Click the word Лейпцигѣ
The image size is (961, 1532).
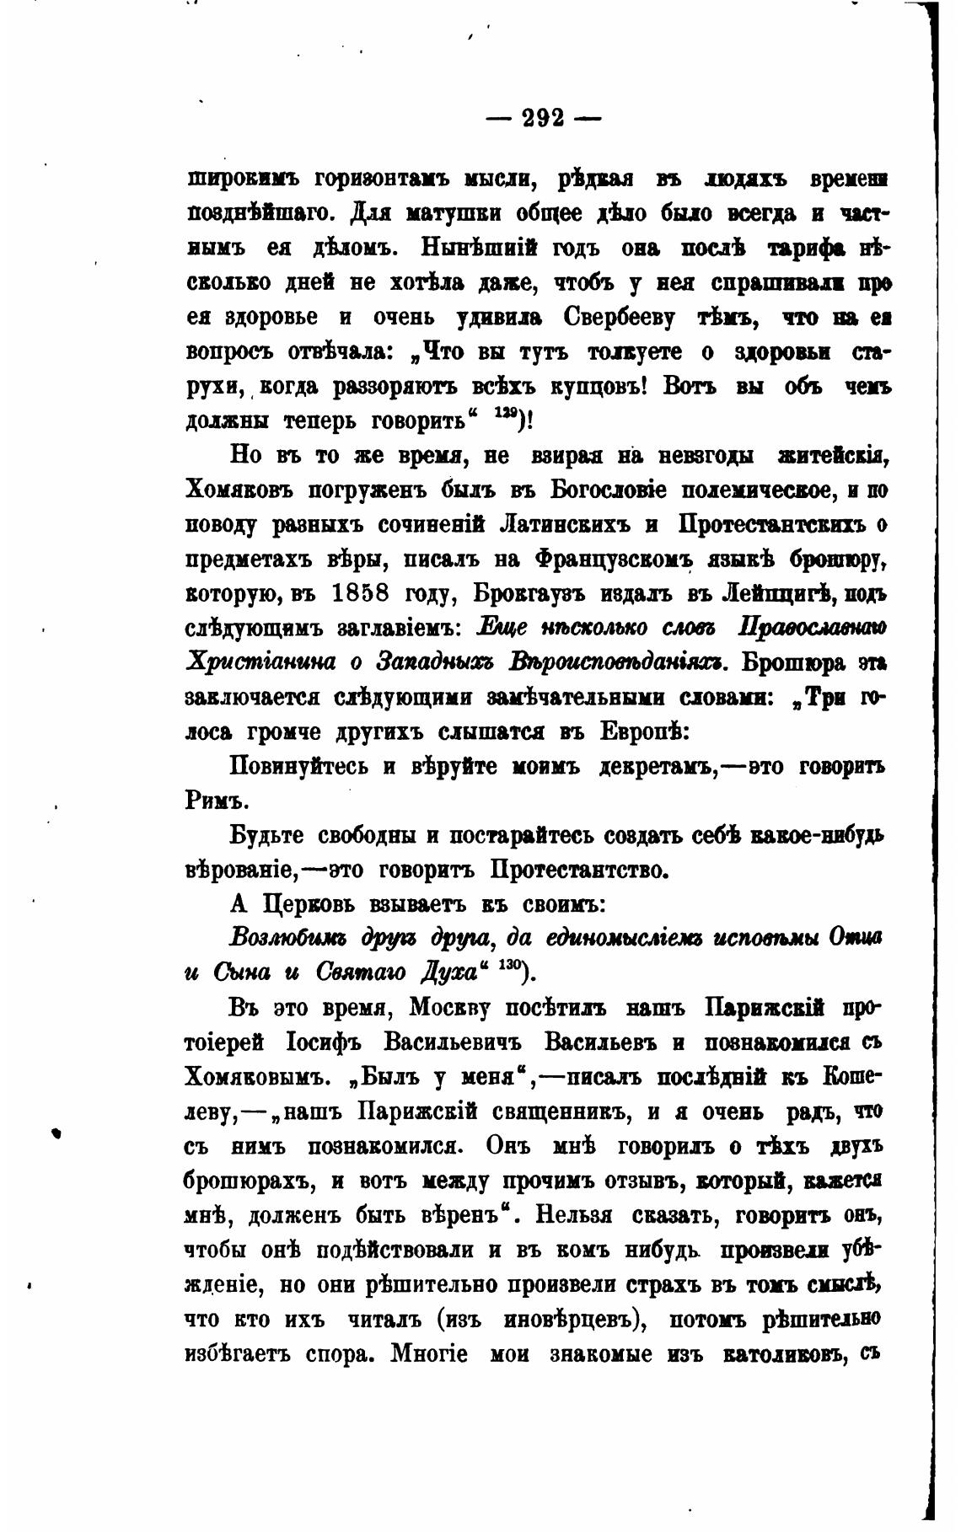tap(775, 593)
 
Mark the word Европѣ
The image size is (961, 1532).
tap(646, 731)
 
